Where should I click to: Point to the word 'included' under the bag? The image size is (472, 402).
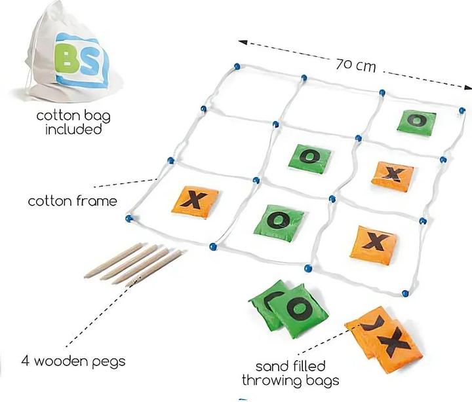point(73,129)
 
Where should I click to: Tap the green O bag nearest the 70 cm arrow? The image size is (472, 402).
point(416,120)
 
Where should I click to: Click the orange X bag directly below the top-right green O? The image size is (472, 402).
point(393,175)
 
